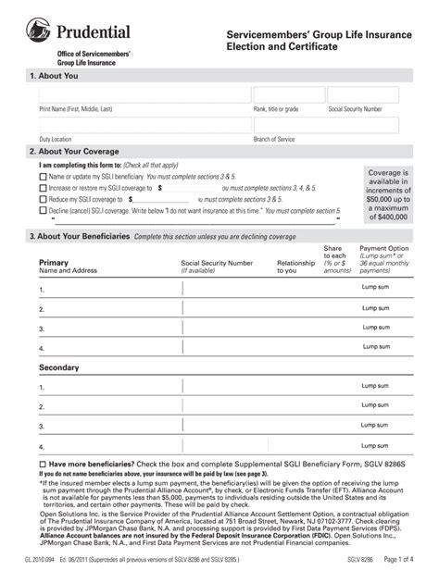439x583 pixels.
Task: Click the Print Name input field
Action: pos(143,94)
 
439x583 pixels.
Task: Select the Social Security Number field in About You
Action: pos(363,94)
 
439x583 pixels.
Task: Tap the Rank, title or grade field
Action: pos(289,94)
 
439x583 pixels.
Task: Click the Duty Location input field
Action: pos(143,126)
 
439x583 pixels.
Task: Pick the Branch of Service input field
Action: pos(326,126)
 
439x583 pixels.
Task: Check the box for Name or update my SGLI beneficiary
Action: pos(43,176)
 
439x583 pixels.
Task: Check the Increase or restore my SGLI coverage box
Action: pos(43,187)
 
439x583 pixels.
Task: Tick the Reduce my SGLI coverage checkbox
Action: pos(43,199)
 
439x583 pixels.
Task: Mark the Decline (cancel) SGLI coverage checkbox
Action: pos(43,210)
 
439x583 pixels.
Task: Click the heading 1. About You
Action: pos(55,74)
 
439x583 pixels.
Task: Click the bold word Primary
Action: pos(54,263)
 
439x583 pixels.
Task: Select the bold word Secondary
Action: pos(58,368)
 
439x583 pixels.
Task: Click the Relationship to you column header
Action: pos(296,267)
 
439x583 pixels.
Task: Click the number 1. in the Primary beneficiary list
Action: pos(42,290)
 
